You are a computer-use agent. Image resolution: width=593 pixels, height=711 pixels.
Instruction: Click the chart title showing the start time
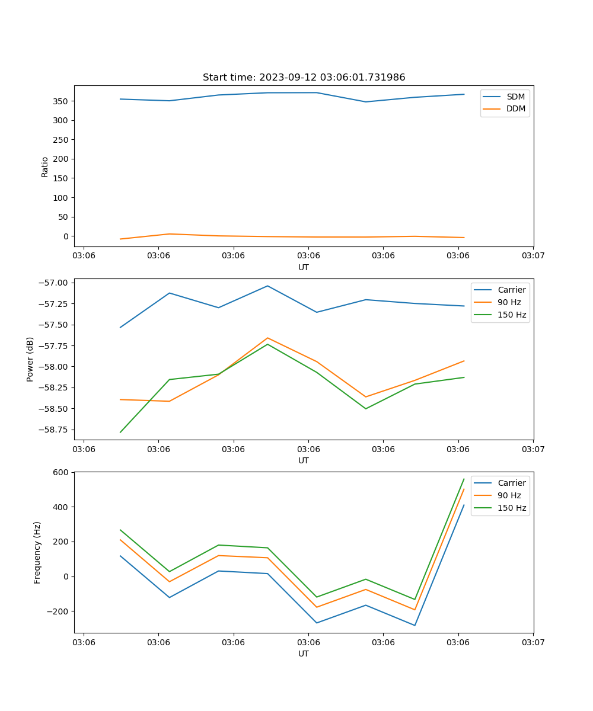click(304, 78)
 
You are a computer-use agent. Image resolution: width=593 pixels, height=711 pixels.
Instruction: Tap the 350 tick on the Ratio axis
click(61, 101)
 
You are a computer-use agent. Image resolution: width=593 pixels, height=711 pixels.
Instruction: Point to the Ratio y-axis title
click(45, 166)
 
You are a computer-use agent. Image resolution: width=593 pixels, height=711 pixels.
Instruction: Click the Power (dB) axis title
click(30, 359)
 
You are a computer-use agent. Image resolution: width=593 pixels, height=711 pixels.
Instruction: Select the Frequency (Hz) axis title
click(37, 552)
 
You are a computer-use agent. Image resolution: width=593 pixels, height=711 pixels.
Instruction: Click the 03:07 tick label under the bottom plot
click(533, 642)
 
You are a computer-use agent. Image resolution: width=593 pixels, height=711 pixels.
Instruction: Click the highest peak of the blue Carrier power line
click(267, 286)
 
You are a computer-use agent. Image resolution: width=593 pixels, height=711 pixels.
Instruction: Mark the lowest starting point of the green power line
click(120, 432)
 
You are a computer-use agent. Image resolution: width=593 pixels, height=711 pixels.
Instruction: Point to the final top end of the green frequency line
click(464, 479)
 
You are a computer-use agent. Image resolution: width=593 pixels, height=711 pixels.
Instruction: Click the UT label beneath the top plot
click(304, 267)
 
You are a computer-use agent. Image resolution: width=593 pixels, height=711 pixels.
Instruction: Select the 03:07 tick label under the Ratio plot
click(533, 256)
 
